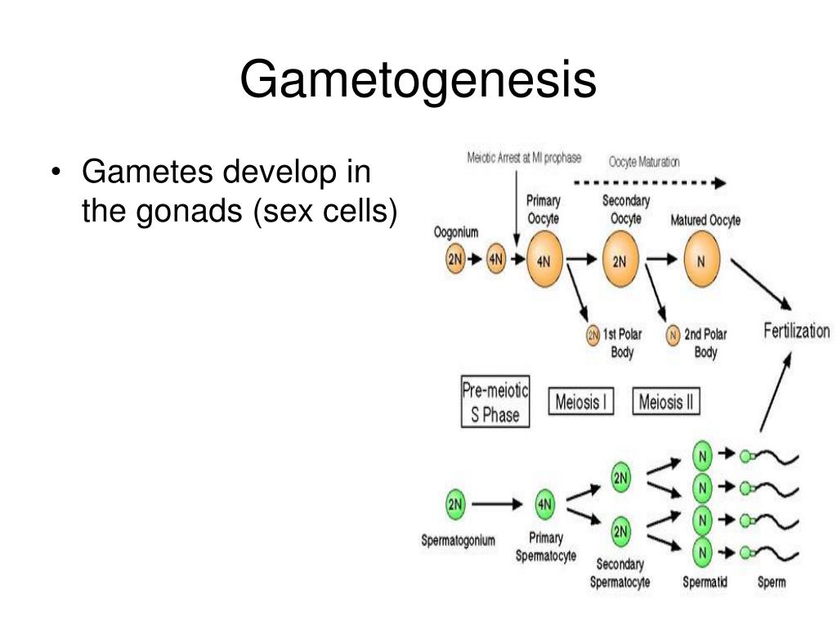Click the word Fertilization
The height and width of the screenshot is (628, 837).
coord(795,331)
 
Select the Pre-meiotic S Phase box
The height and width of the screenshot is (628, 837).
coord(495,402)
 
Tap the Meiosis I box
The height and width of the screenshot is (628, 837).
coord(580,402)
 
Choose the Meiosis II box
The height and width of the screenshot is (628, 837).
coord(666,402)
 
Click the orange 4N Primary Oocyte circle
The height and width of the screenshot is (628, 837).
coord(544,261)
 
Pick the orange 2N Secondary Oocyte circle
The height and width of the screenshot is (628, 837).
coord(620,261)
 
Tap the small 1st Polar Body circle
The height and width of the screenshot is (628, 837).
coord(593,334)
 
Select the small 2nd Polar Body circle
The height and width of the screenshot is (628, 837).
coord(674,334)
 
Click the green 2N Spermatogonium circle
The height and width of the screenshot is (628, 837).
coord(455,505)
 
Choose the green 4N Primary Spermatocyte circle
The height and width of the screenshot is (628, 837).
coord(545,505)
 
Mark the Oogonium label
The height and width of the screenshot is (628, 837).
coord(456,232)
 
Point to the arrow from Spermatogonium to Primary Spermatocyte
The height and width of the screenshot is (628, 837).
coord(496,505)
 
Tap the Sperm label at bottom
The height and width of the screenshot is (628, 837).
coord(772,582)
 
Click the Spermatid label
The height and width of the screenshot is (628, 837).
coord(705,582)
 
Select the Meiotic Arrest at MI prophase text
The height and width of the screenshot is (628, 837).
coord(524,159)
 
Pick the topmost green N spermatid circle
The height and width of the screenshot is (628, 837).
coord(701,455)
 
